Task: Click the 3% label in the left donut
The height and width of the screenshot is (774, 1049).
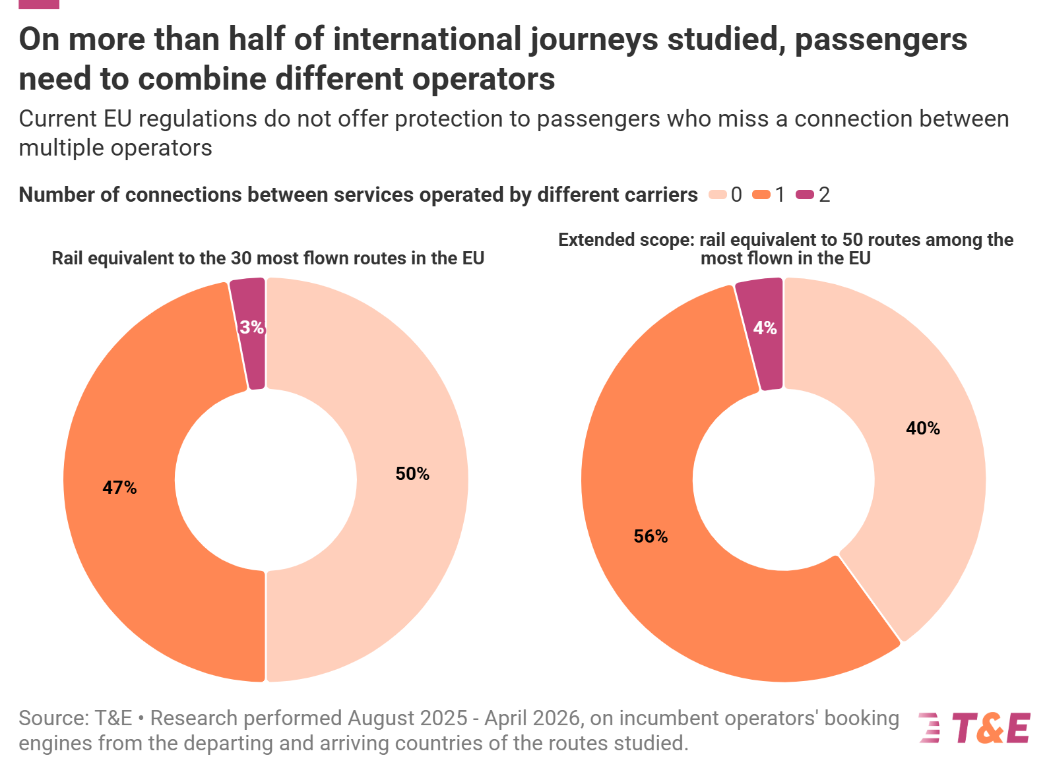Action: coord(251,327)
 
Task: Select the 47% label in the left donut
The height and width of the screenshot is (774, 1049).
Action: coord(119,487)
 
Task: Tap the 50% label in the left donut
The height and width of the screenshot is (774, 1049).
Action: coord(412,473)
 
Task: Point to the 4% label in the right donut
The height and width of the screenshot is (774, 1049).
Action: coord(765,328)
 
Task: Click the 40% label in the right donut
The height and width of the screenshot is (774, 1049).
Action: coord(923,428)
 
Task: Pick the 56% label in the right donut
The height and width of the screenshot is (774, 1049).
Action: coord(651,536)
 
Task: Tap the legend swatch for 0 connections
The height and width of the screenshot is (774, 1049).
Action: coord(717,194)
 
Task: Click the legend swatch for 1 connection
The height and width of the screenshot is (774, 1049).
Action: coord(761,194)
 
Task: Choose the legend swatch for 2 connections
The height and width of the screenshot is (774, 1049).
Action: coord(804,194)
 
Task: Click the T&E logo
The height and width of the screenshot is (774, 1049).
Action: coord(974,728)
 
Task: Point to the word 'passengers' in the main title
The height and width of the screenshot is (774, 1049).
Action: coord(881,40)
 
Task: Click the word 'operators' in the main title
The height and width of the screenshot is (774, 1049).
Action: coord(484,79)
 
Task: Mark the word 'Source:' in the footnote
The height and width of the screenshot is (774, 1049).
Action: coord(53,718)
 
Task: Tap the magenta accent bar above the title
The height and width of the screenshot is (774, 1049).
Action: coord(39,4)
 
